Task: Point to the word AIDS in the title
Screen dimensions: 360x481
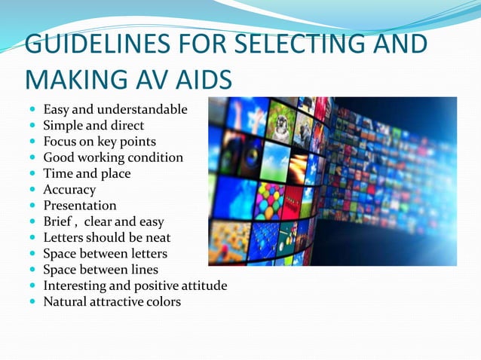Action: [203, 78]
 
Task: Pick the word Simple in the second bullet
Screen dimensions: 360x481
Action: [63, 126]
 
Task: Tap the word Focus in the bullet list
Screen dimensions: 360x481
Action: [60, 142]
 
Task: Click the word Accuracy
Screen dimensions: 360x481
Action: [69, 190]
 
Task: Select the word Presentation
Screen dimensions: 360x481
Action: [79, 206]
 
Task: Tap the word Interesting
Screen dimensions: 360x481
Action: [76, 285]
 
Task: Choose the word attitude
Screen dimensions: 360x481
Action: [202, 285]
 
